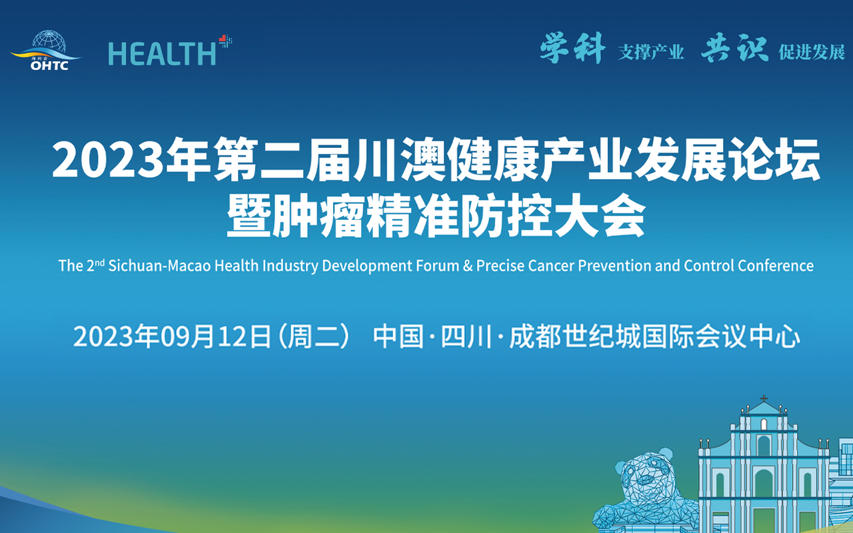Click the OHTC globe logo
click(47, 50)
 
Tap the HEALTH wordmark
click(162, 53)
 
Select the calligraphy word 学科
click(572, 48)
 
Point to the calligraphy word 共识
click(735, 48)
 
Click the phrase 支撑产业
click(651, 52)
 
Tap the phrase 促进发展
click(812, 52)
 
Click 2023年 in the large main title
click(130, 159)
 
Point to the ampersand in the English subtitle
click(468, 266)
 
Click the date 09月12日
click(216, 336)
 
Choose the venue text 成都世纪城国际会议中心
click(655, 336)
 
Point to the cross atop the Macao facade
click(764, 399)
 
